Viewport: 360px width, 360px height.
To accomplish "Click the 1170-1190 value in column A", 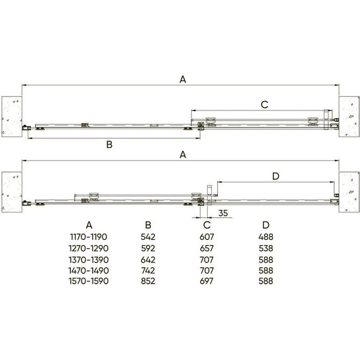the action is [88, 237].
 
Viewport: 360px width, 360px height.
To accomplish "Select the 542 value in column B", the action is [148, 237].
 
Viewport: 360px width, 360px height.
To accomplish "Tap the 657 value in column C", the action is [207, 248].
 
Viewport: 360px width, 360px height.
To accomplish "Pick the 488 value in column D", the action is [266, 237].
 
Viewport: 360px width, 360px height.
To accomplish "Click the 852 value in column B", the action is [148, 281].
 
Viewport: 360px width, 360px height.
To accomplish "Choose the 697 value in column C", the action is [207, 281].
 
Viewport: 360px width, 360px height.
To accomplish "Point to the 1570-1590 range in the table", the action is [88, 281].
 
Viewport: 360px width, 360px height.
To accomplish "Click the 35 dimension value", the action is [223, 213].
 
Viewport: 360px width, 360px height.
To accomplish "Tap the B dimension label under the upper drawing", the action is [109, 145].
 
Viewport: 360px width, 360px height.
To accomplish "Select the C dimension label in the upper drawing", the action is [265, 105].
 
